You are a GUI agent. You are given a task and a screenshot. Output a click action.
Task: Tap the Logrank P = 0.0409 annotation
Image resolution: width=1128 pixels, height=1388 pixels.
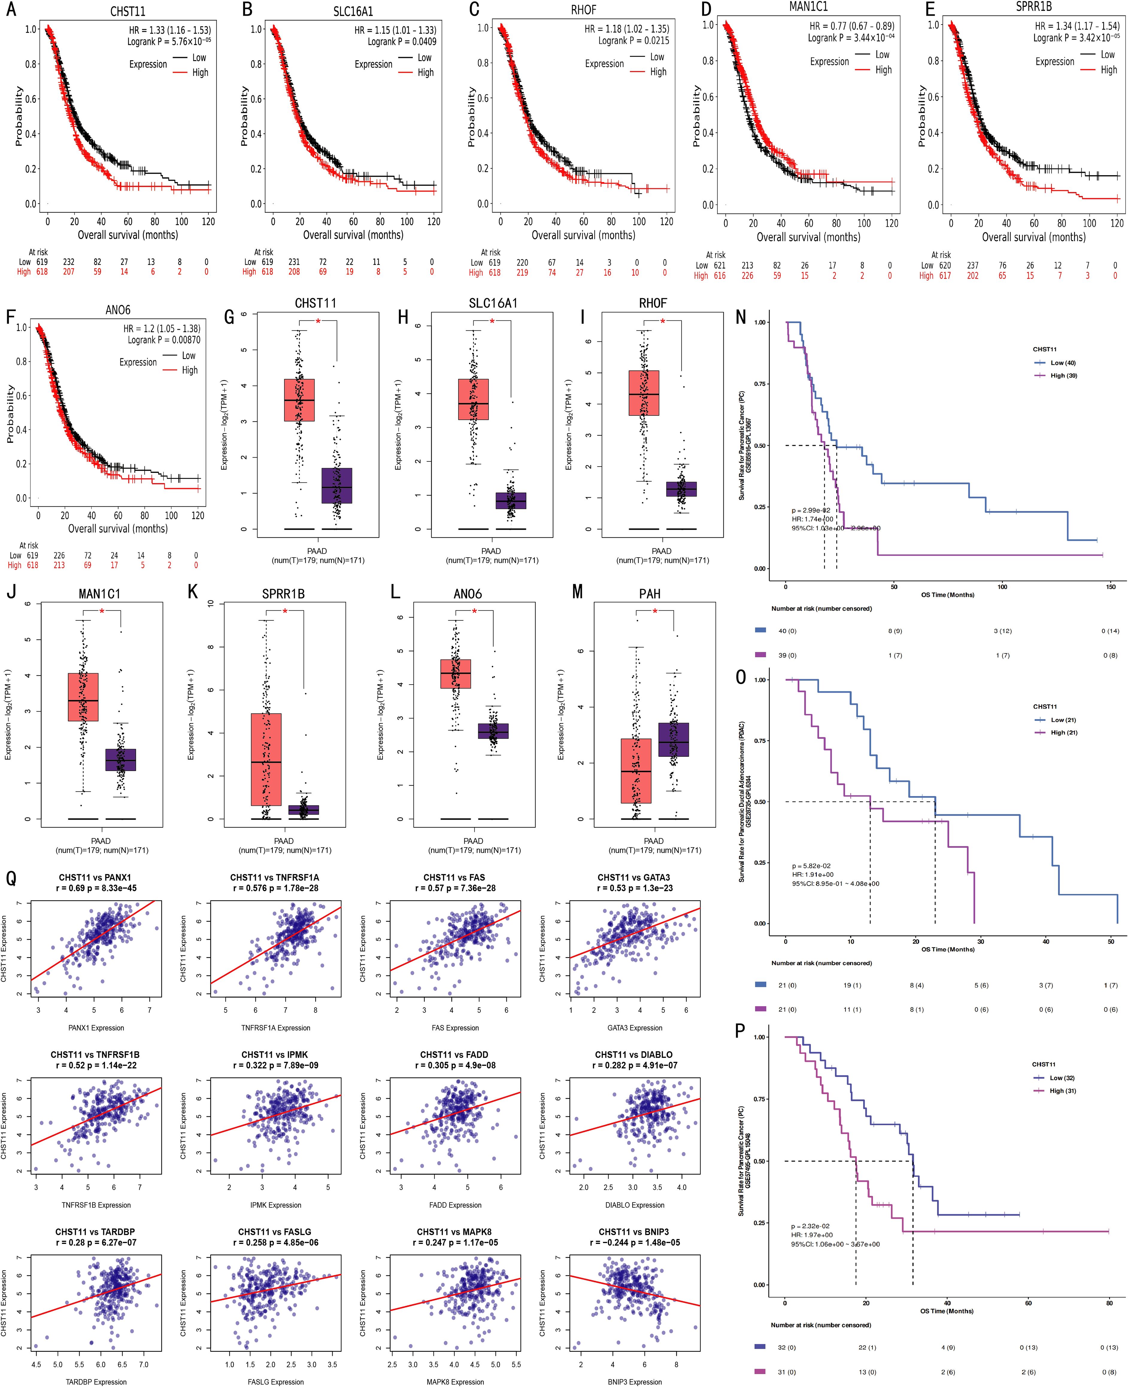tap(401, 42)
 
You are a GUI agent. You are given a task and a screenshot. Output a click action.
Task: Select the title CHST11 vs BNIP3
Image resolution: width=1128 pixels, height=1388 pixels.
tap(633, 1231)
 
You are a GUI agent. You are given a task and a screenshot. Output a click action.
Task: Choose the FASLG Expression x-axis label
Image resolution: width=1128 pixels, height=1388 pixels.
tap(275, 1381)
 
